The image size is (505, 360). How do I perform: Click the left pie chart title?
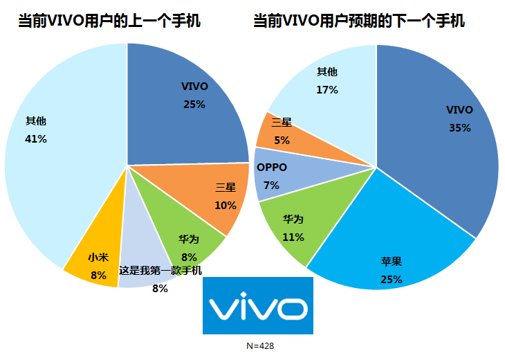(x=110, y=22)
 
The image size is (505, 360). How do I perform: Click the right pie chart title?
(x=358, y=22)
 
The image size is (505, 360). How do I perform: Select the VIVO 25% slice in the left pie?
(x=187, y=97)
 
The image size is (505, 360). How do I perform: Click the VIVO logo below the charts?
(x=257, y=306)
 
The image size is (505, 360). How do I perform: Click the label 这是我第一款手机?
(x=160, y=271)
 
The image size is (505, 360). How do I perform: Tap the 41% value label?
(x=35, y=139)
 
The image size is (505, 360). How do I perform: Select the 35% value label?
(x=459, y=128)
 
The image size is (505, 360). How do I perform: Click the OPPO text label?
(x=272, y=167)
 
